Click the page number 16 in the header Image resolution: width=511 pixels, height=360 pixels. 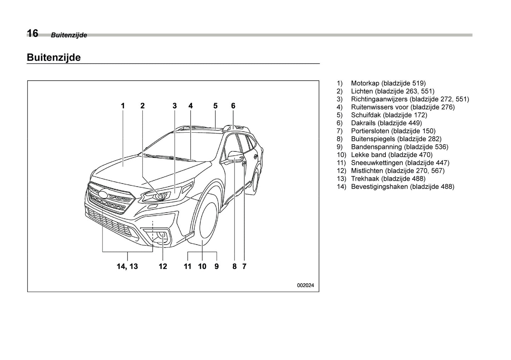coord(33,33)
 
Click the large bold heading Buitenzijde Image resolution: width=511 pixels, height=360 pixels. coord(54,57)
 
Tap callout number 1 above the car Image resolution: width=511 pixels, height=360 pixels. coord(123,105)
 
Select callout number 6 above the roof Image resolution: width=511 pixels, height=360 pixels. coord(233,105)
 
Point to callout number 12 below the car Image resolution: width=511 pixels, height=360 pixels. coord(163,266)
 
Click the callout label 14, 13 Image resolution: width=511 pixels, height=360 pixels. coord(127,266)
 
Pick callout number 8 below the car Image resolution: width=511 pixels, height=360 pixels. coord(234,266)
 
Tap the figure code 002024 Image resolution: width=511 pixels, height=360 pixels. coord(305,285)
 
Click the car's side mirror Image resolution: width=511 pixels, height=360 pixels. coord(235,156)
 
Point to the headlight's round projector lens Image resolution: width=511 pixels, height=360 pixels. coord(159,196)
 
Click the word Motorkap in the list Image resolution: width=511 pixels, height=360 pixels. coord(365,83)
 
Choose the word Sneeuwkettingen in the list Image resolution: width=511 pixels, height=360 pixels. coord(377,163)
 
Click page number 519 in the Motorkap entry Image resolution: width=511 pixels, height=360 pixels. coord(419,83)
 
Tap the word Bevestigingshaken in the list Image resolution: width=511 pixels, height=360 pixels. coord(379,186)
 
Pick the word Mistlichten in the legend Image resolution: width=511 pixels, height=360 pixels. coord(368,170)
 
